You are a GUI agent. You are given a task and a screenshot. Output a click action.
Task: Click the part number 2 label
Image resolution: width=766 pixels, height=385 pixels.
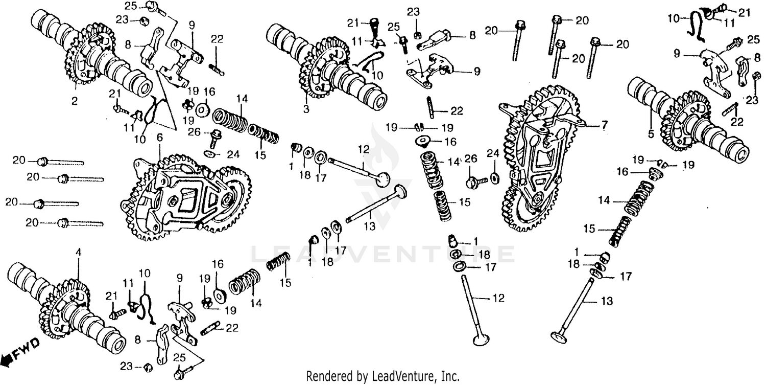(x=75, y=102)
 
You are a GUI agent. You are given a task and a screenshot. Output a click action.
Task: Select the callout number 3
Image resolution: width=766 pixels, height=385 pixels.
(x=306, y=109)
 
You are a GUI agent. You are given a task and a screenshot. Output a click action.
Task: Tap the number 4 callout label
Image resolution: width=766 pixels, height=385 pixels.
(x=78, y=252)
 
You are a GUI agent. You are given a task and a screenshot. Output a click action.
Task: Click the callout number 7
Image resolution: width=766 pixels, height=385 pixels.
(x=605, y=125)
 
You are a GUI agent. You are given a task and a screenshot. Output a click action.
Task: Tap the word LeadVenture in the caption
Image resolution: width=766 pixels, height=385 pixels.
(x=408, y=377)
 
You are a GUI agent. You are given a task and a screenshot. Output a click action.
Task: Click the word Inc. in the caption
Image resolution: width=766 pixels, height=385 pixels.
(x=450, y=377)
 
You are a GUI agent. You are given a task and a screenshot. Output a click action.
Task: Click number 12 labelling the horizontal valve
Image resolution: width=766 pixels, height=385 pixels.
(x=363, y=149)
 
